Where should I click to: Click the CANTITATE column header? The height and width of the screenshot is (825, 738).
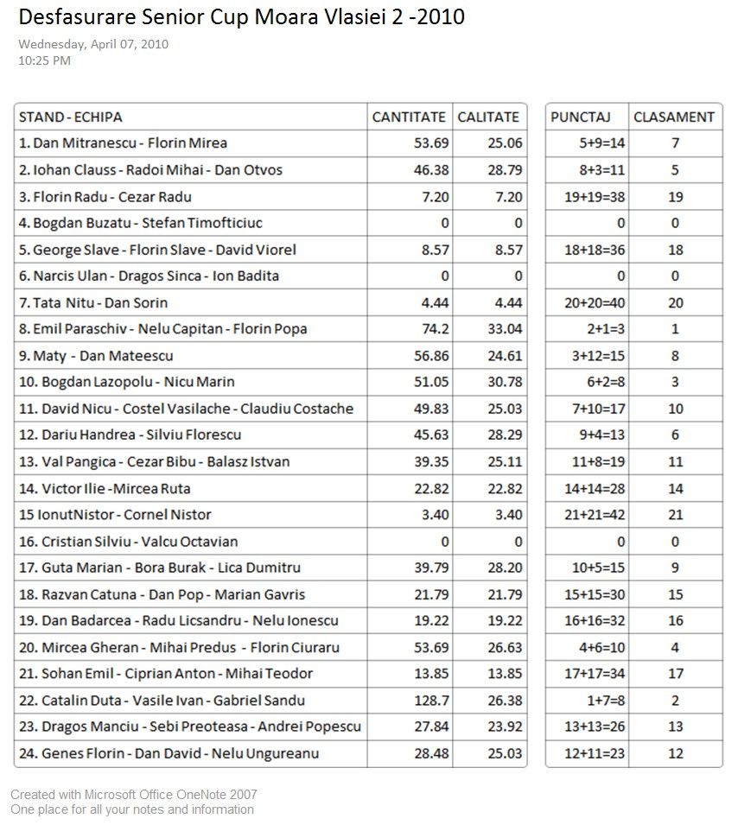(409, 117)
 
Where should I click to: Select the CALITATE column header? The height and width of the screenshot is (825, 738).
(488, 117)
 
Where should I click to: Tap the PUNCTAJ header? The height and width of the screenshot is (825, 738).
(581, 117)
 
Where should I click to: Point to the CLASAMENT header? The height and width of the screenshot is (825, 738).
(674, 117)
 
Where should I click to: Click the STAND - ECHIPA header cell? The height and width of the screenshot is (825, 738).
(71, 117)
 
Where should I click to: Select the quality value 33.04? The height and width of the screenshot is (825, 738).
(505, 329)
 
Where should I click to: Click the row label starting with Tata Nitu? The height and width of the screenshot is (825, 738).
(93, 302)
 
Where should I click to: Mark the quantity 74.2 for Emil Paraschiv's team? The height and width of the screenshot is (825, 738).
(432, 329)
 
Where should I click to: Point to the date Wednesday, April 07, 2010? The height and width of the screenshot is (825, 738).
(93, 44)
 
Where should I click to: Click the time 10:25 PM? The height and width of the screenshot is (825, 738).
(44, 60)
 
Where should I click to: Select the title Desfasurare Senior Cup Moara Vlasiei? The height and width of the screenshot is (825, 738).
(241, 16)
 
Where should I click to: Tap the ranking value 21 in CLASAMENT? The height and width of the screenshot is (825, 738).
(676, 515)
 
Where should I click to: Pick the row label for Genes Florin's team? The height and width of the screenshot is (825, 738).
(169, 753)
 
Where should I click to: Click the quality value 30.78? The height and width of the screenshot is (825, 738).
(505, 382)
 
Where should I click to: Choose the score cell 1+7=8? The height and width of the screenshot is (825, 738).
(607, 701)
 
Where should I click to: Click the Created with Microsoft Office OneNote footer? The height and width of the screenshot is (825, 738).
(134, 795)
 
